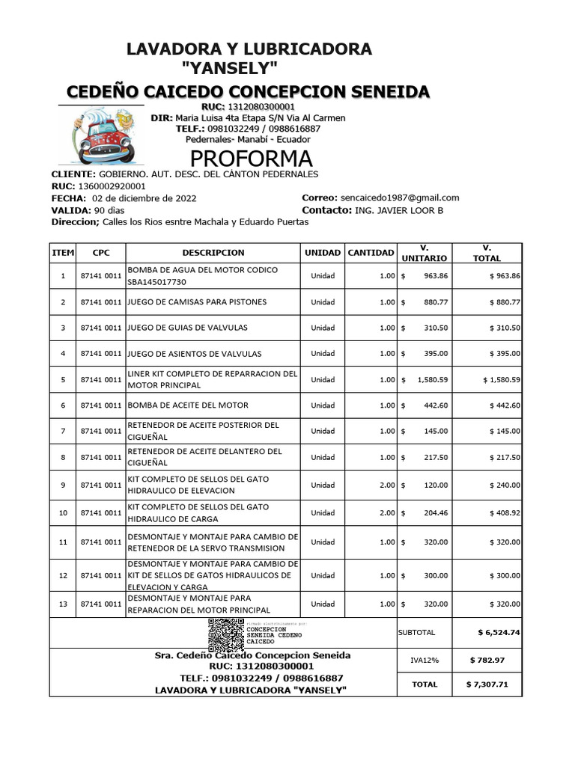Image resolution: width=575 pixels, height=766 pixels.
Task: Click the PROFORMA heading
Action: pyautogui.click(x=251, y=159)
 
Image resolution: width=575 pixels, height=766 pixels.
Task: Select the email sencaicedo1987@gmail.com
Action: pyautogui.click(x=400, y=197)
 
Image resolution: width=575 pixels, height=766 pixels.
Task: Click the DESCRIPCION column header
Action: pyautogui.click(x=213, y=253)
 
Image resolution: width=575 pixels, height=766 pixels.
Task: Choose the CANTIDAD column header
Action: pyautogui.click(x=371, y=253)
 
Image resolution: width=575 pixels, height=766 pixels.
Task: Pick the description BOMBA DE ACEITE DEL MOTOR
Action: pyautogui.click(x=188, y=405)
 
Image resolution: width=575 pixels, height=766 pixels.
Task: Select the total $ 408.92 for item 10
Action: pyautogui.click(x=505, y=513)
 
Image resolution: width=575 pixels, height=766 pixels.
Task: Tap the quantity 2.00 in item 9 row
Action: pyautogui.click(x=386, y=485)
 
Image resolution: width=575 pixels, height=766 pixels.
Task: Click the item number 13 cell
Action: pyautogui.click(x=63, y=604)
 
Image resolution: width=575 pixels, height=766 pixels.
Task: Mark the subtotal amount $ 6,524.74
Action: pyautogui.click(x=499, y=632)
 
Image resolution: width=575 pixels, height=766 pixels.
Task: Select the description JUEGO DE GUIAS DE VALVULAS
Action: pyautogui.click(x=187, y=328)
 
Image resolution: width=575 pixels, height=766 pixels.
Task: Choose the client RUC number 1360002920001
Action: pyautogui.click(x=109, y=186)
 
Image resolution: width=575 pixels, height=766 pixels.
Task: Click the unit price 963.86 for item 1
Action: pyautogui.click(x=434, y=275)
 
